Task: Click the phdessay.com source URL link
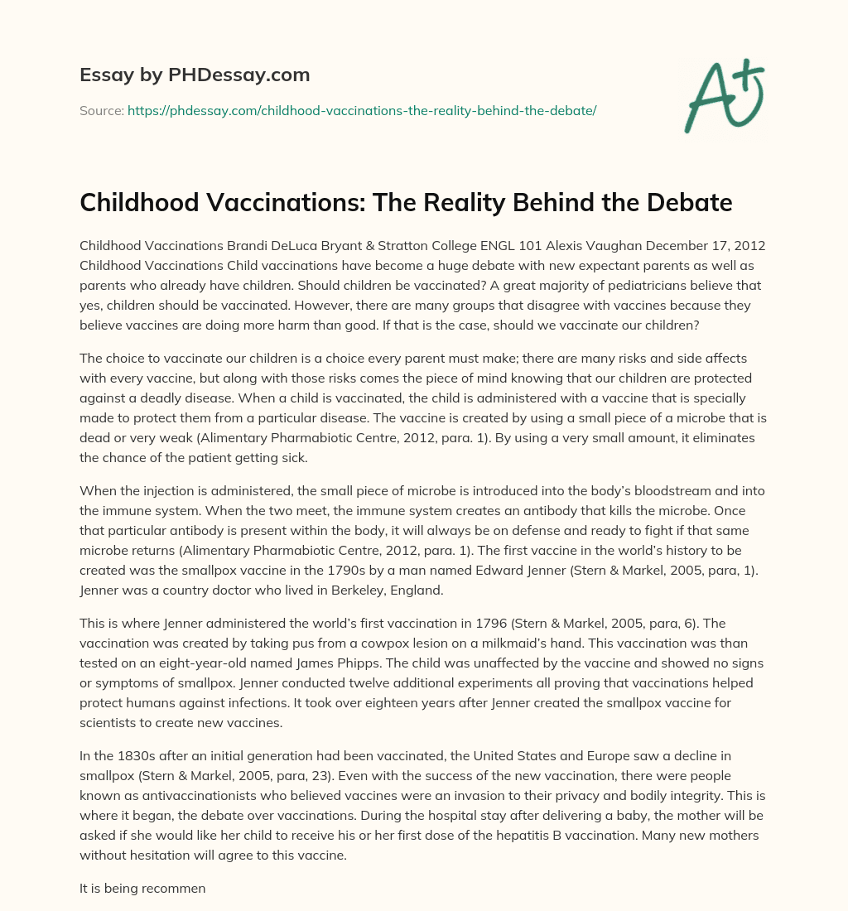click(362, 110)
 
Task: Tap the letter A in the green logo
click(705, 97)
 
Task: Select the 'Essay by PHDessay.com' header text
click(195, 75)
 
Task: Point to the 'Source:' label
click(101, 110)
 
